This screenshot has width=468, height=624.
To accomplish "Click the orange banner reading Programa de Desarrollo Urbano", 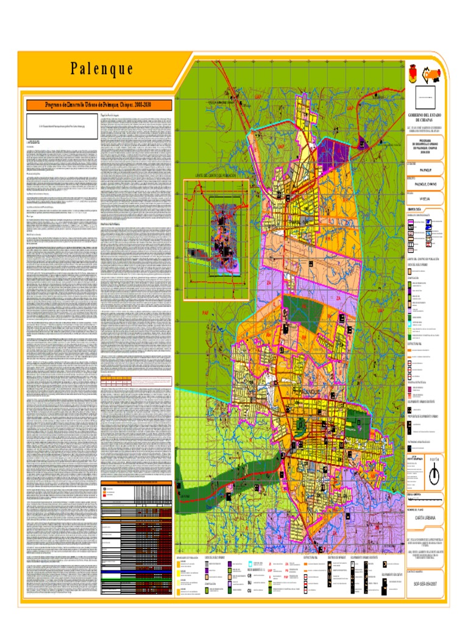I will point(98,104).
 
